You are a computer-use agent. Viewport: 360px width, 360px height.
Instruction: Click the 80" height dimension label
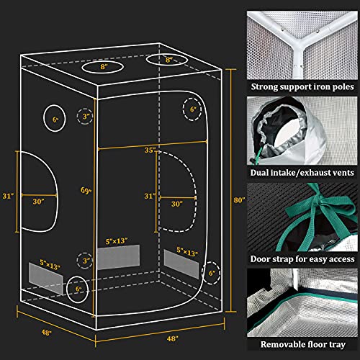[x=239, y=200]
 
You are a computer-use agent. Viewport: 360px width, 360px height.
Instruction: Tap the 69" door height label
[x=86, y=191]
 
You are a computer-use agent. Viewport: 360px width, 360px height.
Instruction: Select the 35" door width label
[x=150, y=150]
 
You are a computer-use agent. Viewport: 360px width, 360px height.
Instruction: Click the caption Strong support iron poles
[x=302, y=86]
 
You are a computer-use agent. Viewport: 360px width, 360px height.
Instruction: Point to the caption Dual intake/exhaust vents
[x=302, y=173]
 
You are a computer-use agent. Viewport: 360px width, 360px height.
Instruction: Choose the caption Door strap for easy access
[x=302, y=259]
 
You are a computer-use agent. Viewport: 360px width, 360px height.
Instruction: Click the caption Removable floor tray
[x=303, y=344]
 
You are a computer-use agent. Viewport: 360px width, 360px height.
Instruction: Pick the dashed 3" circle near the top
[x=85, y=116]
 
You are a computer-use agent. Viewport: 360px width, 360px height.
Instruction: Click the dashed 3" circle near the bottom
[x=85, y=261]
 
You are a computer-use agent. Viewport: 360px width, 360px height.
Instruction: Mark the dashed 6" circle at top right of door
[x=192, y=109]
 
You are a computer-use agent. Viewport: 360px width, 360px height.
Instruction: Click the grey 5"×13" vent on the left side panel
[x=46, y=279]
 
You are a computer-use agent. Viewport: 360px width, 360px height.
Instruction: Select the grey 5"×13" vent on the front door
[x=118, y=257]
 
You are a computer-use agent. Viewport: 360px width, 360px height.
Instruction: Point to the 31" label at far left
[x=8, y=196]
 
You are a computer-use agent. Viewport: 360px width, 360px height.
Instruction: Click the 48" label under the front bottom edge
[x=173, y=338]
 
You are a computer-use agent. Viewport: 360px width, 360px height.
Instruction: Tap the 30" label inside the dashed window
[x=177, y=204]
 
